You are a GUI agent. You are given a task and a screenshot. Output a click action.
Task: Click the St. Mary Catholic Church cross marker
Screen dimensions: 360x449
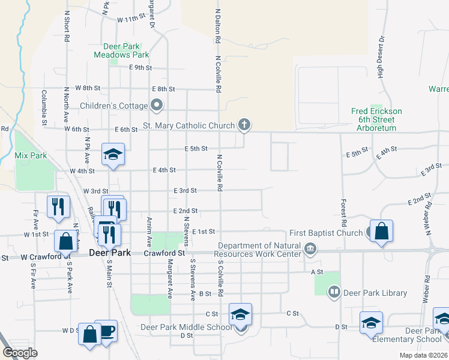[x=244, y=125]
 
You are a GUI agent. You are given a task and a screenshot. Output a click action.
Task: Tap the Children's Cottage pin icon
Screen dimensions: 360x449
[x=157, y=106]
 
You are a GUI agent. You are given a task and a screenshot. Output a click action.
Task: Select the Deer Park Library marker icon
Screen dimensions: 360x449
[x=334, y=293]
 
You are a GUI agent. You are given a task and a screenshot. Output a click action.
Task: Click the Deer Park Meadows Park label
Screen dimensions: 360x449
[x=121, y=50]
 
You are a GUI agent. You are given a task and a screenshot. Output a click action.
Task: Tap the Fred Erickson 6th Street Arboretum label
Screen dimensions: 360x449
[x=376, y=119]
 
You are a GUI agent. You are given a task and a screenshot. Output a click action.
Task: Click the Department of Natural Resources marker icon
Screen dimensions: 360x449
[x=310, y=248]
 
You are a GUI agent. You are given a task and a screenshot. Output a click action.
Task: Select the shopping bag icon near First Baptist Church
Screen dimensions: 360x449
[x=381, y=231]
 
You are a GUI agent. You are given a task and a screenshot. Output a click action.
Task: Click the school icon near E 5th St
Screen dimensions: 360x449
[x=112, y=154]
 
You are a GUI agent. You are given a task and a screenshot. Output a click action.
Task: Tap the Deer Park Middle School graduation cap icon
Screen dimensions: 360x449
[x=240, y=314]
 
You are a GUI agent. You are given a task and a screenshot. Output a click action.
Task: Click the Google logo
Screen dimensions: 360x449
[x=20, y=353]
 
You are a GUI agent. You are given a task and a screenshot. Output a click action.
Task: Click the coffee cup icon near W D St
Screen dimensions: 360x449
[x=107, y=331]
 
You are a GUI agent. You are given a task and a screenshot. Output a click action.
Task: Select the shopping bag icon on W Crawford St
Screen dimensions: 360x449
[x=66, y=241]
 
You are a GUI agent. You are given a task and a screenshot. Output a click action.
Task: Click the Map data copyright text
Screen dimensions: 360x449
[x=423, y=355]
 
